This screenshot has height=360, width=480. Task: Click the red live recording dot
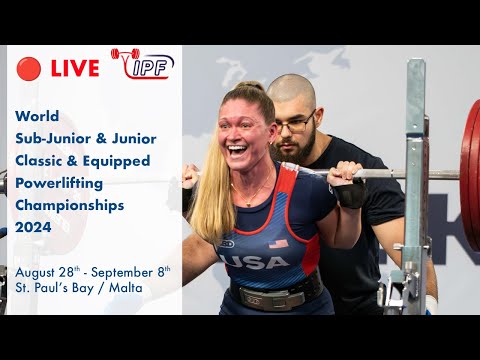coord(29,68)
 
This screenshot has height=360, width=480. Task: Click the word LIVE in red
coord(75,68)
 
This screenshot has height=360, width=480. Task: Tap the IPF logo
coord(142,65)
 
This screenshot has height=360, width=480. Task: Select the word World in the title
coord(38,115)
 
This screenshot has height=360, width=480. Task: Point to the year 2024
coord(35,227)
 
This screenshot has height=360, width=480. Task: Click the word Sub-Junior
coord(56,138)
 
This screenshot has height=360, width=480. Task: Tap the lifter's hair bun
coord(252,87)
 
